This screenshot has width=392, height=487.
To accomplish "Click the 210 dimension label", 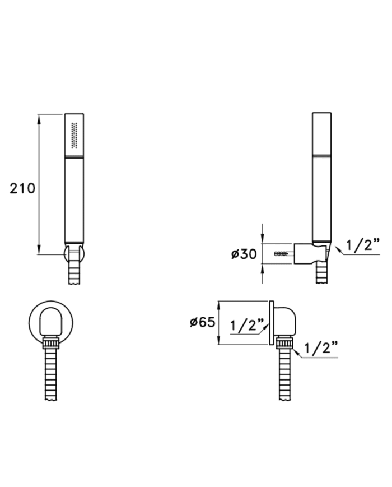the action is pos(22,188).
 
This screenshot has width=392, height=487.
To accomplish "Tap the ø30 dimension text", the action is pos(244,254).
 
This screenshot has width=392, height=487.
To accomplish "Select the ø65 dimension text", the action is pos(202,322).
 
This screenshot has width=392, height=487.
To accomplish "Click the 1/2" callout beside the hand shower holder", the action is pos(363,245).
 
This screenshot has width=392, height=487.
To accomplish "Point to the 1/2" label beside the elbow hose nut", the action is pos(321,348).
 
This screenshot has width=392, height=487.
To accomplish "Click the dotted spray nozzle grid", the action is pos(74,135).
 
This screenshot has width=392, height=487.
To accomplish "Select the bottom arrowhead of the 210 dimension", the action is pos(39,249).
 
